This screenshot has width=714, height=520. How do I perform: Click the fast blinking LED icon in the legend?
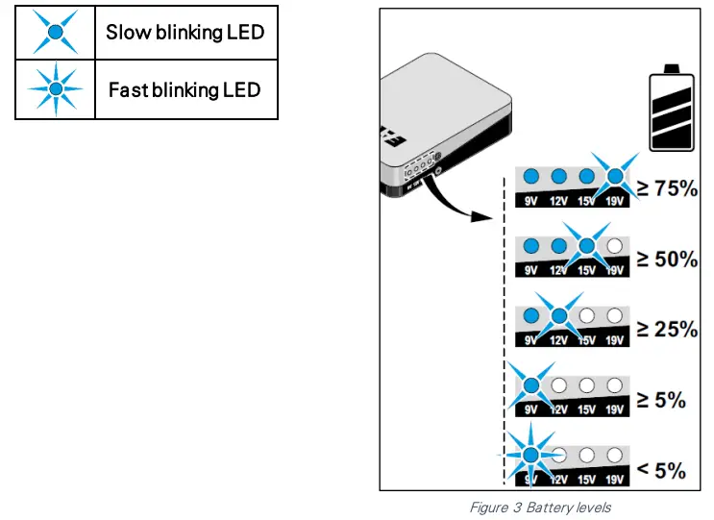tap(56, 89)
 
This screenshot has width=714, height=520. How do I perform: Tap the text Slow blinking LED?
tap(185, 34)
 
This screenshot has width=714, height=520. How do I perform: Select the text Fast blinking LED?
tap(185, 90)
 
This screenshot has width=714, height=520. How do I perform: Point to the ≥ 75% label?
tap(663, 188)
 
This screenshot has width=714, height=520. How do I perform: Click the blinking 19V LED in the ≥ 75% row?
tap(615, 176)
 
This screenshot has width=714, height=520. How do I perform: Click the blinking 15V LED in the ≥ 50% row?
tap(586, 246)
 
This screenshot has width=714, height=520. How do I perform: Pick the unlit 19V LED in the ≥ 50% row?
tap(615, 246)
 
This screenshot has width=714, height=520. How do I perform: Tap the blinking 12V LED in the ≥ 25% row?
tap(558, 315)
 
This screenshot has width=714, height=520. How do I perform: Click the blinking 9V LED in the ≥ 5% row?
tap(530, 385)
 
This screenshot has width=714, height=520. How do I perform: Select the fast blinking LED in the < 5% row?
tap(529, 455)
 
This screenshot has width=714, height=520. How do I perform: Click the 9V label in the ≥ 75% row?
tap(530, 201)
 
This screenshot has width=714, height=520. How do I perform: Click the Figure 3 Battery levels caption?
tap(539, 507)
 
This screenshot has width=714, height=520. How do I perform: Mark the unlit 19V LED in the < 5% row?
tap(615, 455)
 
